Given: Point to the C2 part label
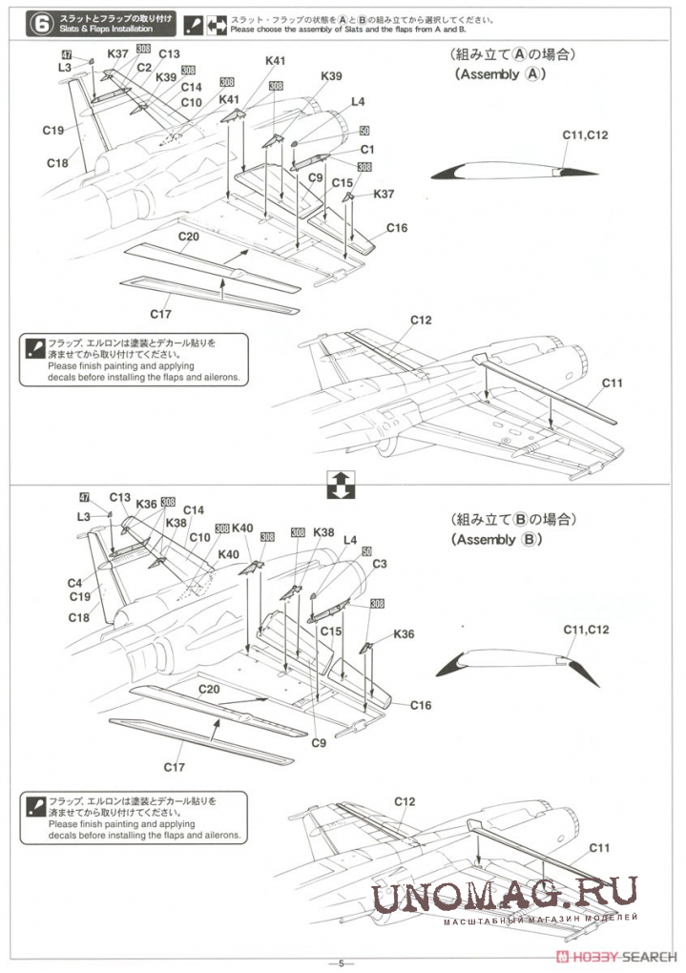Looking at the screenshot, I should pyautogui.click(x=144, y=67).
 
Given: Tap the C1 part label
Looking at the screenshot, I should pyautogui.click(x=367, y=150).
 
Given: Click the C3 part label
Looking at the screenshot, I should pyautogui.click(x=380, y=564).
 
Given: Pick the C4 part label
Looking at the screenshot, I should pyautogui.click(x=74, y=583).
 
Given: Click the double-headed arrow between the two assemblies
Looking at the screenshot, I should pyautogui.click(x=340, y=484).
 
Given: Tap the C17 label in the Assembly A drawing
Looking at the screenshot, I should pyautogui.click(x=160, y=314).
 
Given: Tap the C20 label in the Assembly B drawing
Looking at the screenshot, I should pyautogui.click(x=210, y=690).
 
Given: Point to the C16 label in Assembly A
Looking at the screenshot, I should pyautogui.click(x=397, y=227).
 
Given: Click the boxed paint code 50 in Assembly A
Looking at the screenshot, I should pyautogui.click(x=364, y=131).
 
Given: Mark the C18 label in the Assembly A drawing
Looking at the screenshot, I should pyautogui.click(x=57, y=163).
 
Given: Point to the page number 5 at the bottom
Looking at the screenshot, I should pyautogui.click(x=341, y=963).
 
